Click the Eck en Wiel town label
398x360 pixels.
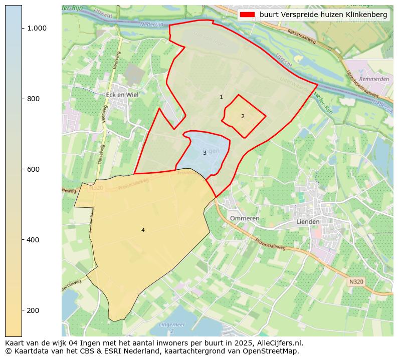click(122, 94)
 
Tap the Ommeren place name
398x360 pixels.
click(245, 219)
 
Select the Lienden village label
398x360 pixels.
click(308, 222)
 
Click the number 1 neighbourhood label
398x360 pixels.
click(221, 97)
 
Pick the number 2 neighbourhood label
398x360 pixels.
click(243, 116)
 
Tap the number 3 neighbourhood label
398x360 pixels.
click(205, 153)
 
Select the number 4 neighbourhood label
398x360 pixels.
click(143, 230)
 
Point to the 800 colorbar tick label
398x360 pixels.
click(33, 99)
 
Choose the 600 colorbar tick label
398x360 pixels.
click(33, 169)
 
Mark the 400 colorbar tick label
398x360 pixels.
click(33, 240)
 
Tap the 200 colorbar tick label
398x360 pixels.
click(33, 310)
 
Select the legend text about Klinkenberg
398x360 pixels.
click(323, 15)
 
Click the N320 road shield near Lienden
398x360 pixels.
click(355, 282)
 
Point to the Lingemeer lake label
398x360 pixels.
click(171, 325)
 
